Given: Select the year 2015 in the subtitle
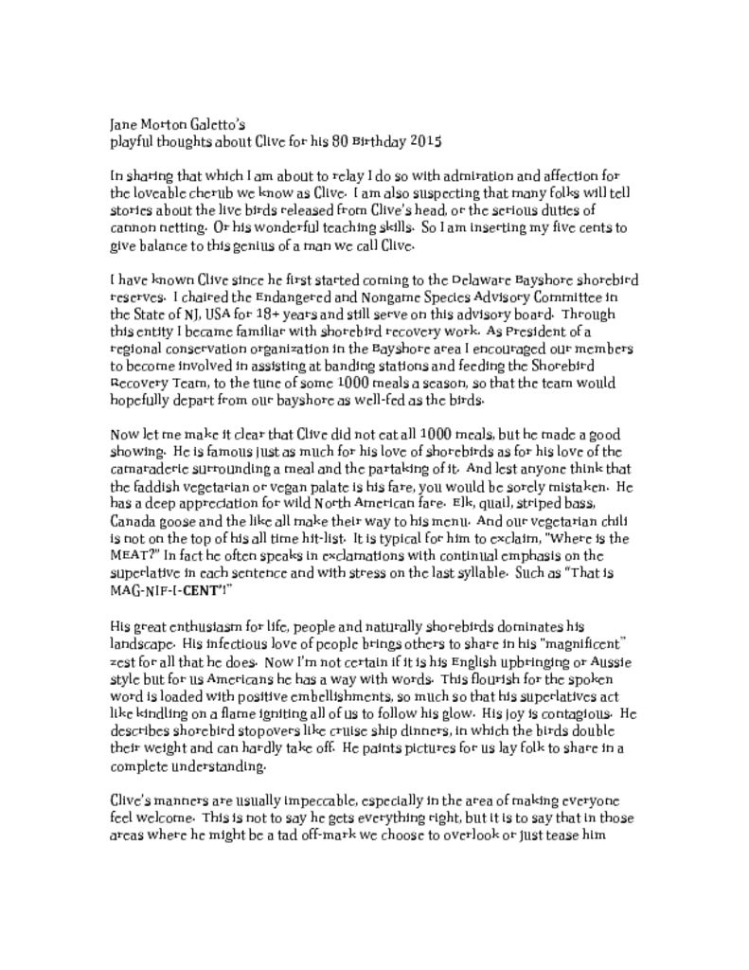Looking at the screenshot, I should click(426, 141).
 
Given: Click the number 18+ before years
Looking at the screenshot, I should click(247, 314).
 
